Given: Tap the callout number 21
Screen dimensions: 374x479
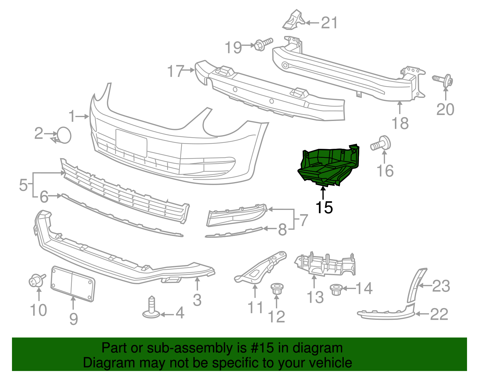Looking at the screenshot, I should [x=329, y=23].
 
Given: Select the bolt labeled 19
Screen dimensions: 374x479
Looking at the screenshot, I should [x=263, y=44].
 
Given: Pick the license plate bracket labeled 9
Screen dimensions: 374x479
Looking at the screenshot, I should [x=73, y=283].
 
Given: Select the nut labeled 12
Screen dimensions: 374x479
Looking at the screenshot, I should [x=276, y=289].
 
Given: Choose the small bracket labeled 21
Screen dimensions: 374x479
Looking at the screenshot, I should [x=293, y=20].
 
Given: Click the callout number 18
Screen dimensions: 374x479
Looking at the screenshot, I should [x=400, y=123].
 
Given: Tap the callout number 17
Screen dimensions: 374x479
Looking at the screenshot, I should [x=175, y=71].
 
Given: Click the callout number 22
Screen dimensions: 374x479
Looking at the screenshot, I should [x=439, y=314].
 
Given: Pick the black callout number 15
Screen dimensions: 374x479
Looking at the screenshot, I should [x=324, y=207].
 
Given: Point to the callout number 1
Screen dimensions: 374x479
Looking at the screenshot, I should [x=72, y=116].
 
